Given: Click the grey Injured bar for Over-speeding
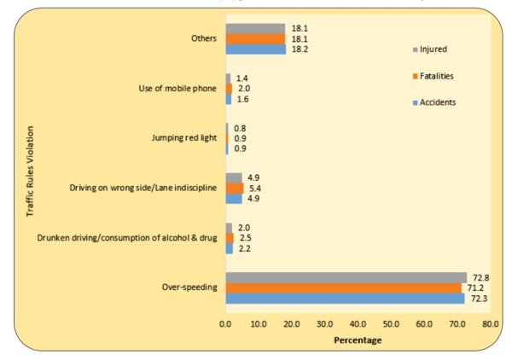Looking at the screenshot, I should coord(346,277).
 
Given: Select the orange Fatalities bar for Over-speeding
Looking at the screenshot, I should coord(343,287).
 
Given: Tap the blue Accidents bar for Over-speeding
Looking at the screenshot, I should coord(345,298).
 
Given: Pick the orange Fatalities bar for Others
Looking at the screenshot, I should coord(255,38).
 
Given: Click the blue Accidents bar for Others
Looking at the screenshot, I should coord(255,49).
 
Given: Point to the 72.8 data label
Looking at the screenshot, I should coord(479,276).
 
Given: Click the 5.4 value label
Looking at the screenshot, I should coord(255,188).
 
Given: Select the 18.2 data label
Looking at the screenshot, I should coord(298,49).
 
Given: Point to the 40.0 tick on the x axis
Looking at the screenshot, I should coord(358,324).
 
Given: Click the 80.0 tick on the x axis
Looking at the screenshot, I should coord(490,324).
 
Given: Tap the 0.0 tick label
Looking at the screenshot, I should coord(226,324).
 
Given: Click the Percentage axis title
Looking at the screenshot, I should coord(358,340).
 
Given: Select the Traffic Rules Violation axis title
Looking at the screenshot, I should coord(31,183).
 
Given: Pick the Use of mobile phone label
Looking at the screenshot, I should coord(177,89).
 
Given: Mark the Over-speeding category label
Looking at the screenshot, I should coord(190,287).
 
